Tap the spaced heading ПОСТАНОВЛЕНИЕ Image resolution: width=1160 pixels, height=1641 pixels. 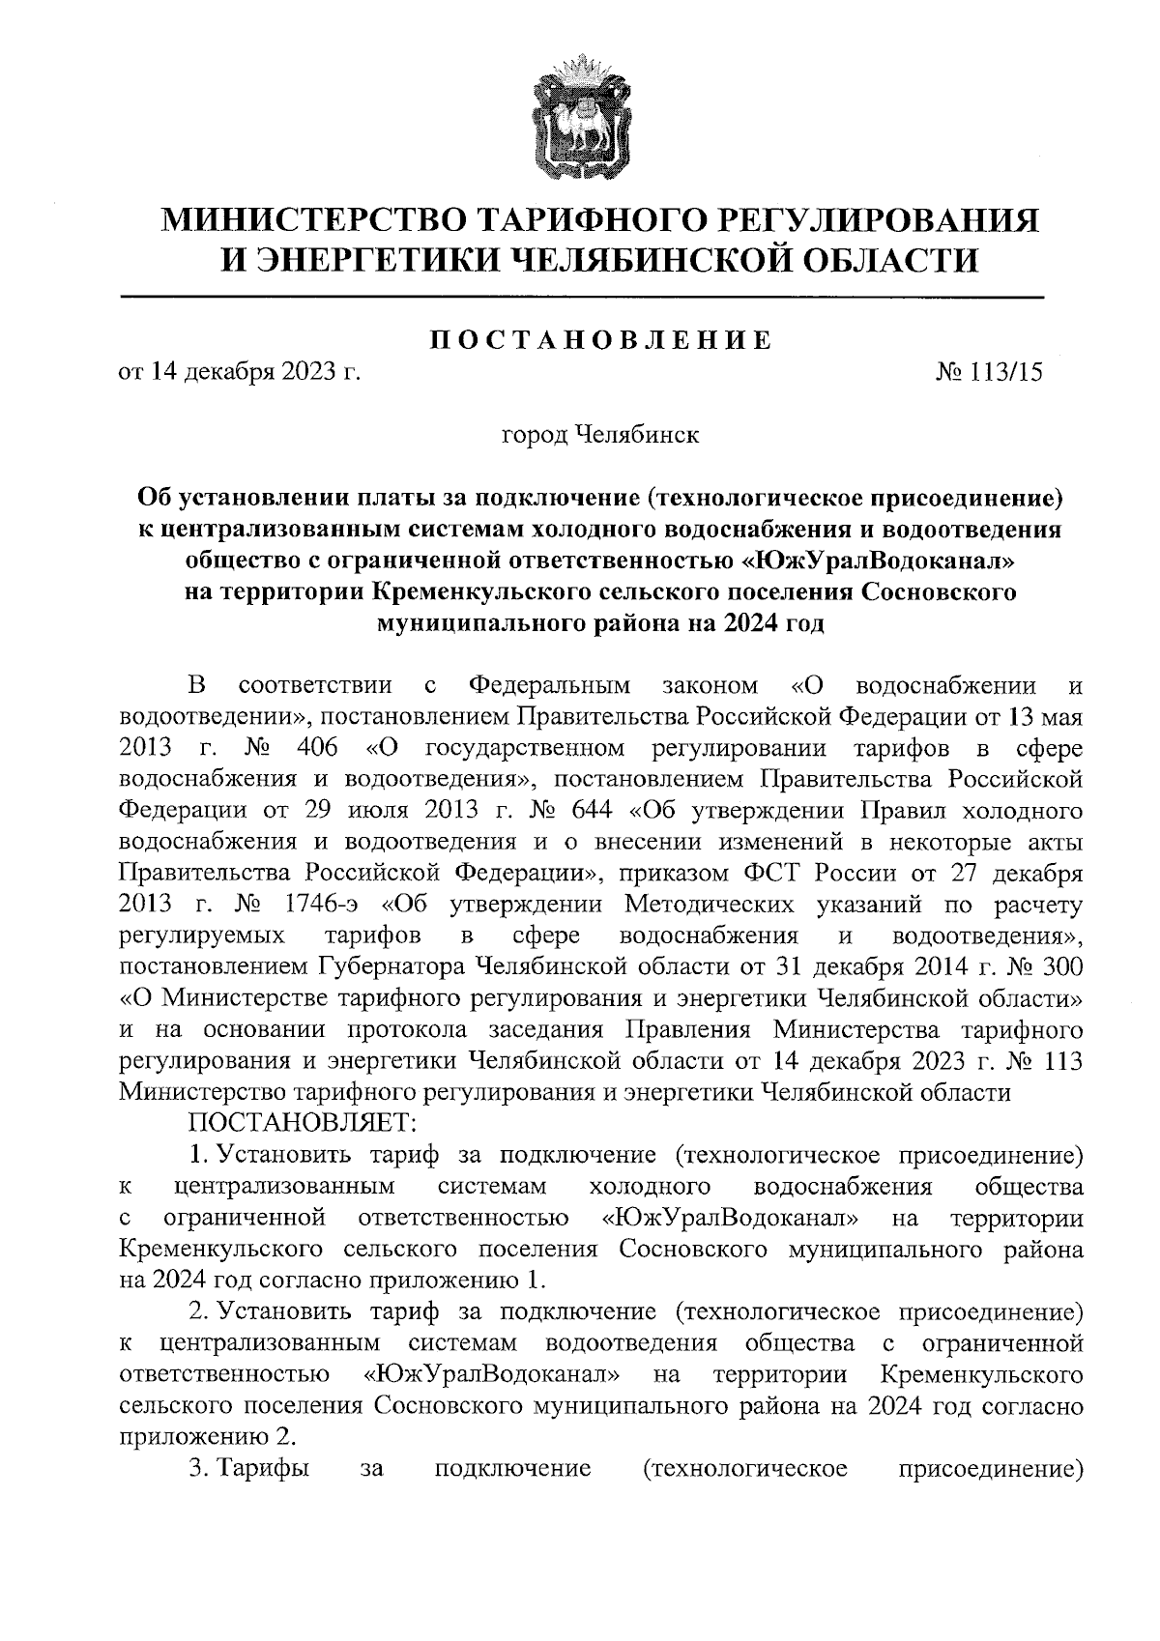pos(600,339)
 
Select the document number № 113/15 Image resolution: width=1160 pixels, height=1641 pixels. pos(991,372)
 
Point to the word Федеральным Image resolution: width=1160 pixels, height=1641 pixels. pos(549,686)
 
